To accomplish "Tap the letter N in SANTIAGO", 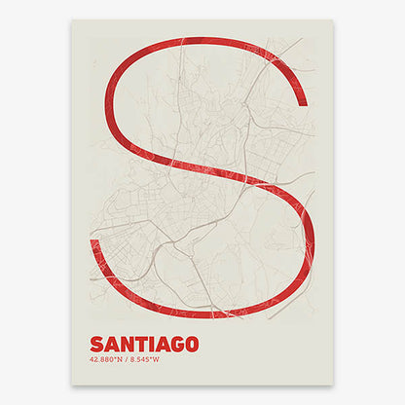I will point(127,344).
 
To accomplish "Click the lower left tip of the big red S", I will point(95,241).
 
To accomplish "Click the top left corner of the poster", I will point(73,20).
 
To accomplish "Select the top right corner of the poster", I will point(333,20).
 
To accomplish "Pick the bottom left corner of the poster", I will point(73,384).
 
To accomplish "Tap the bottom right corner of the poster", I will point(333,384).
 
